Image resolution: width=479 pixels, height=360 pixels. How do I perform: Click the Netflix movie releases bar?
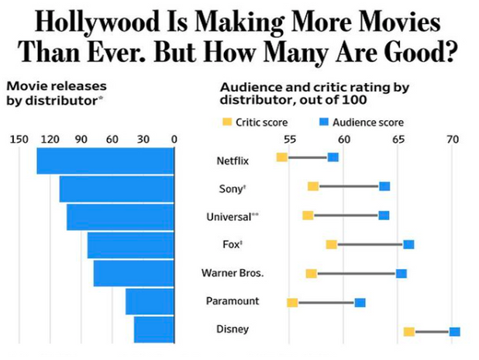tap(105, 161)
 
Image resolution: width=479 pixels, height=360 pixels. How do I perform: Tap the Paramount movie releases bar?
tap(150, 302)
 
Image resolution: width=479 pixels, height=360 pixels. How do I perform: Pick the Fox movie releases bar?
tap(130, 245)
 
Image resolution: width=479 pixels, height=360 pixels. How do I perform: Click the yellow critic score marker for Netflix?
tap(282, 157)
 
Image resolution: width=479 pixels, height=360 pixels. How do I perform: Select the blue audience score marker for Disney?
tap(455, 332)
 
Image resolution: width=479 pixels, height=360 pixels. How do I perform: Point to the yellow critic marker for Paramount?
tap(292, 303)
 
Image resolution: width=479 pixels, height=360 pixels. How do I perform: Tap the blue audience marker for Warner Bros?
tap(401, 273)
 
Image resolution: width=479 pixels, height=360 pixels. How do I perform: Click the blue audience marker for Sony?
tap(384, 186)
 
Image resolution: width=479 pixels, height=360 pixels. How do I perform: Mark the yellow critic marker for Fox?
tap(332, 244)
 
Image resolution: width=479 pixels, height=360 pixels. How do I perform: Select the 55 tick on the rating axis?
tap(289, 140)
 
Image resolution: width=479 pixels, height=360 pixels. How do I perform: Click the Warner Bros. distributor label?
tap(233, 273)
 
